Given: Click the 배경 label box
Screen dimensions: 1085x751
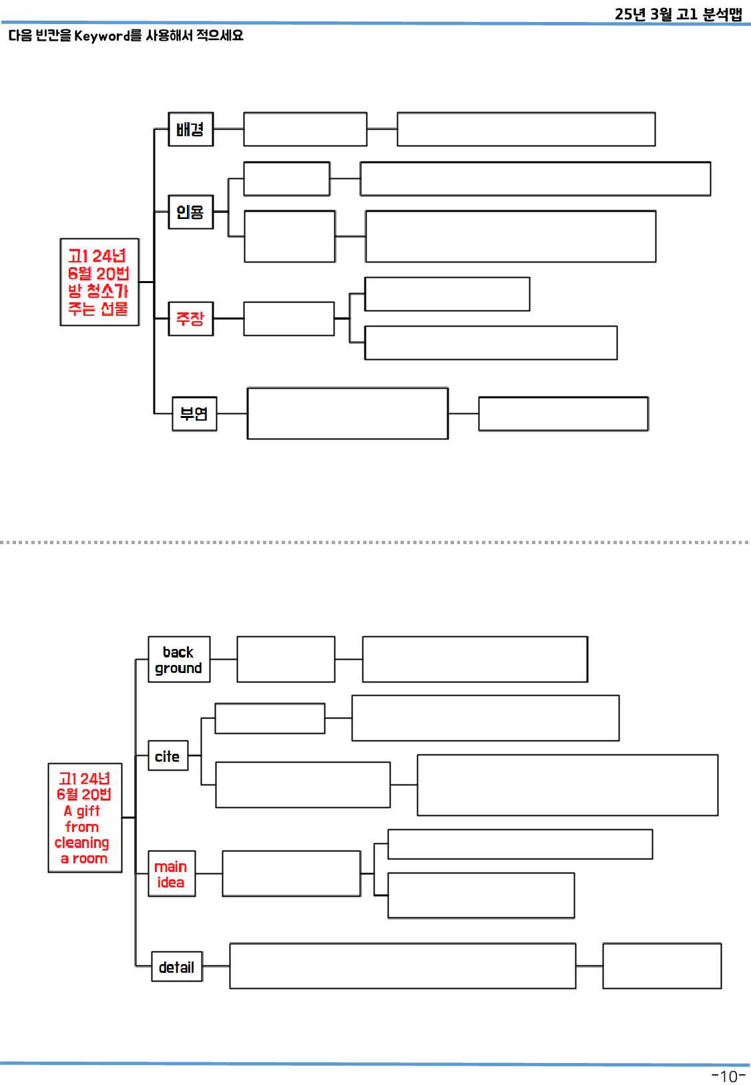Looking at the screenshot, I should click(x=190, y=129).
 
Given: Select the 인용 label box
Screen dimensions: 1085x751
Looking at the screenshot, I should click(x=190, y=212).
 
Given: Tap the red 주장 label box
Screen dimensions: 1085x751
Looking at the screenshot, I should click(x=190, y=318).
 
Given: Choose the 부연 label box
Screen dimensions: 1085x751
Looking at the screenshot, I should click(x=194, y=414).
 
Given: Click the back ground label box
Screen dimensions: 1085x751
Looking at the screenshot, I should click(x=179, y=660).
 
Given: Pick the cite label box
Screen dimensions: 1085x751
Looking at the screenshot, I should click(x=168, y=756).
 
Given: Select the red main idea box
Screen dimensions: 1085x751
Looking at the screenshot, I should click(x=172, y=873).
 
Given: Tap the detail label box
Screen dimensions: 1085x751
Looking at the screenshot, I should click(x=177, y=967).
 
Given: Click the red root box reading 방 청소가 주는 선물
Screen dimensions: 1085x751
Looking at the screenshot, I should click(x=99, y=282).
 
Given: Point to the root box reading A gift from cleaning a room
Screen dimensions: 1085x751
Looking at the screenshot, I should click(x=85, y=818).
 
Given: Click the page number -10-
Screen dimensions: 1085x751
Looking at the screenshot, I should click(x=728, y=1076).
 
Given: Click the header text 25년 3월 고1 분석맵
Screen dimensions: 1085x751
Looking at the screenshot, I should click(x=678, y=14).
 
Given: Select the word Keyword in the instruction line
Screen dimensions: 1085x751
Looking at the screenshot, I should click(x=102, y=35).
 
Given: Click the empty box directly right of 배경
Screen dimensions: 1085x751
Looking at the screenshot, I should click(x=305, y=129).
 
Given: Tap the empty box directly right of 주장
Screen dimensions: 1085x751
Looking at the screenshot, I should click(x=288, y=318).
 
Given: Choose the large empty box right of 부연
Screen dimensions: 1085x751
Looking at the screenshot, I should click(x=347, y=413).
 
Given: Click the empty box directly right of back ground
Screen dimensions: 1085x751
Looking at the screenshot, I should click(x=286, y=659).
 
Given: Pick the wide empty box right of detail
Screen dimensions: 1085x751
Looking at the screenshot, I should click(x=403, y=965).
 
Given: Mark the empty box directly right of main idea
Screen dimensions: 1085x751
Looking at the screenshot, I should click(x=291, y=873).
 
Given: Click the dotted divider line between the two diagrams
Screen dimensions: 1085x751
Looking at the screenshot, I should click(x=374, y=542).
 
